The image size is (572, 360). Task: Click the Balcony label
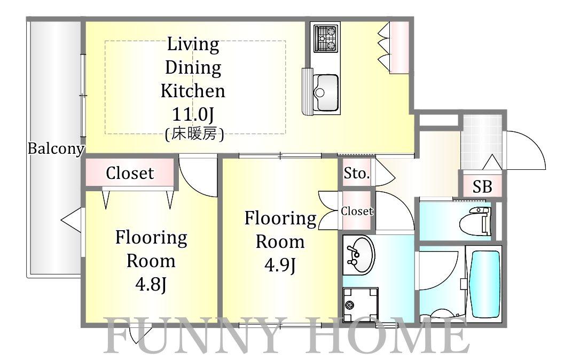click(x=56, y=149)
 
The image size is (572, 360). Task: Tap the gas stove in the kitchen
click(x=326, y=38)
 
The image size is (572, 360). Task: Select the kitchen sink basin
click(x=326, y=92)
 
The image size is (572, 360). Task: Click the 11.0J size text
click(x=192, y=114)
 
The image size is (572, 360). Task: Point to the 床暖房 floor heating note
click(x=194, y=134)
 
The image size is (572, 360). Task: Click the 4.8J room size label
click(x=151, y=285)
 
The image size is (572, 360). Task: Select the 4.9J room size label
click(x=280, y=265)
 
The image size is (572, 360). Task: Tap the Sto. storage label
click(x=356, y=173)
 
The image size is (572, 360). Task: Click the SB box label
click(x=482, y=187)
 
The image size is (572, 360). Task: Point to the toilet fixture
click(x=475, y=221)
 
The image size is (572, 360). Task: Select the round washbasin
click(x=359, y=255)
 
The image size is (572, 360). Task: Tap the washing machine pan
click(x=361, y=304)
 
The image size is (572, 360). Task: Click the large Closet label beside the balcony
click(x=130, y=173)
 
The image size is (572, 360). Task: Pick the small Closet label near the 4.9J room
click(x=357, y=211)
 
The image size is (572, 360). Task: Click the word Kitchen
click(x=193, y=91)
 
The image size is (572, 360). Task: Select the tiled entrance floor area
click(x=481, y=142)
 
